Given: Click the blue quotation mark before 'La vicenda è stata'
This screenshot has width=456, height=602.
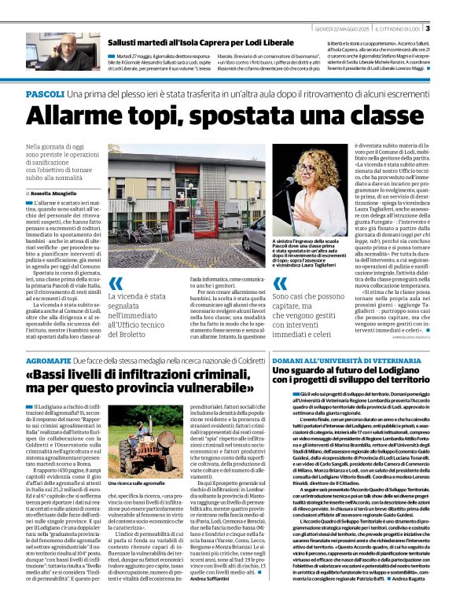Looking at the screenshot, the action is (x=115, y=284).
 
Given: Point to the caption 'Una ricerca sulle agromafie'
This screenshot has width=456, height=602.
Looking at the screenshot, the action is (x=134, y=484).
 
